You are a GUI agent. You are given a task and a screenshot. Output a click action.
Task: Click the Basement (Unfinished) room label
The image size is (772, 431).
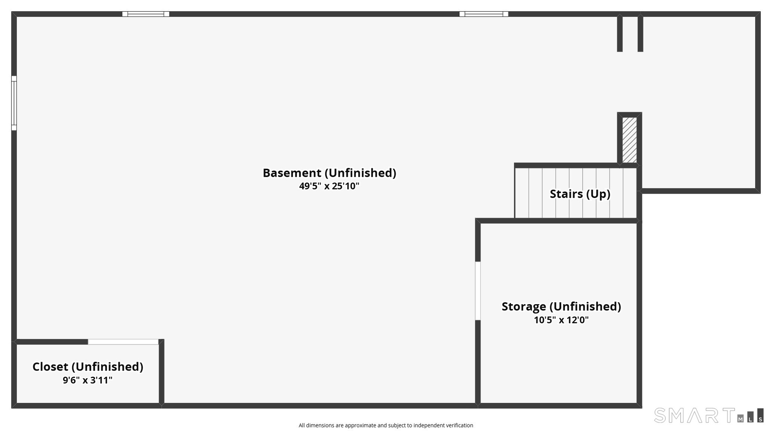(x=329, y=173)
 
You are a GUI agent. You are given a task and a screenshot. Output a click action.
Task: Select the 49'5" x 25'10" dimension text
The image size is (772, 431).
(x=329, y=186)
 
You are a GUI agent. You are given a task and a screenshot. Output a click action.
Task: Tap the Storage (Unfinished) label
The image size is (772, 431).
(x=561, y=306)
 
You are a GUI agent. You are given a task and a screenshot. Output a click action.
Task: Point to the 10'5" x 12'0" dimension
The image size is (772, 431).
(x=561, y=320)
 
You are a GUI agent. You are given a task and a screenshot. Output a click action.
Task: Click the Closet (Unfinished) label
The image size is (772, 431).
(x=88, y=367)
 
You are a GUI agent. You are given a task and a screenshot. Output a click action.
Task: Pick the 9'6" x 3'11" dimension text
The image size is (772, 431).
(x=88, y=380)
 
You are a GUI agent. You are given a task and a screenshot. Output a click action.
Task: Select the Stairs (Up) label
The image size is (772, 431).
(x=580, y=194)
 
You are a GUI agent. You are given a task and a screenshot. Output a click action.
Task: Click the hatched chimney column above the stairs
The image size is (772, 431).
(x=629, y=140)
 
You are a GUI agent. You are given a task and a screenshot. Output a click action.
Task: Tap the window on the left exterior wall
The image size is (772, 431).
(x=14, y=103)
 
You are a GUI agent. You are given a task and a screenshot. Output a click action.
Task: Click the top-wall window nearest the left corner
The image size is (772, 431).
(x=146, y=14)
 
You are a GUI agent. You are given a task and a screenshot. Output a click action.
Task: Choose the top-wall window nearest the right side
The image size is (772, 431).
(x=484, y=14)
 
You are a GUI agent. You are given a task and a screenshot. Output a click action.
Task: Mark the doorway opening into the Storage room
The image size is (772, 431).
(x=478, y=291)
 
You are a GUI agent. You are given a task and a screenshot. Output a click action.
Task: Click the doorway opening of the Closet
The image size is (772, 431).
(x=123, y=342)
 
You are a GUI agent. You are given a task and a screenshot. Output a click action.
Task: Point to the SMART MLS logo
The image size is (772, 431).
(x=708, y=415)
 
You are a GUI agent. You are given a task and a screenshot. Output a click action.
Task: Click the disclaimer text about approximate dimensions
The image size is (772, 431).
(x=386, y=425)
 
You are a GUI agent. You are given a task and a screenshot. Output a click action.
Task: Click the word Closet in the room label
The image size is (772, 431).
(x=50, y=367)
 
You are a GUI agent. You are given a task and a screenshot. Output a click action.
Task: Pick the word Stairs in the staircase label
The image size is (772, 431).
(x=566, y=194)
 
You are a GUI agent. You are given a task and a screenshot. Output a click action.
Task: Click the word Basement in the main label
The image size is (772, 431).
(x=292, y=173)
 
